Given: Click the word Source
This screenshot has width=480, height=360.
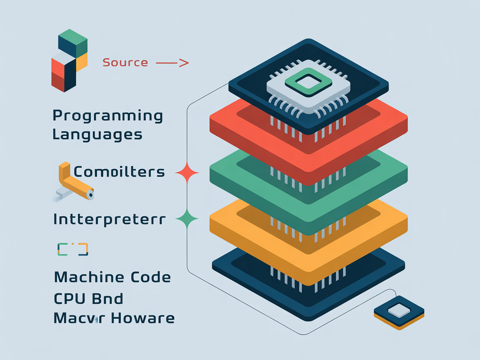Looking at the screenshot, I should click(x=125, y=63).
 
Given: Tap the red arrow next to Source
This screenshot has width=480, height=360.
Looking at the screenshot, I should click(x=172, y=63).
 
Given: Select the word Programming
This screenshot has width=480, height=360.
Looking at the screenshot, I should click(x=107, y=116).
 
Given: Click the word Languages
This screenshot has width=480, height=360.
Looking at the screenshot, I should click(x=97, y=135).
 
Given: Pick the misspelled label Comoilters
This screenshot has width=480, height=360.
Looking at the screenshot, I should click(x=119, y=172).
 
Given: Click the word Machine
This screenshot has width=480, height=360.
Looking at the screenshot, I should click(x=89, y=277).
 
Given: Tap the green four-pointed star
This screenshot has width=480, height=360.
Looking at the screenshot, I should click(x=187, y=218).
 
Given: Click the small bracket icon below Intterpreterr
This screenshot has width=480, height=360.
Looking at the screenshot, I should click(x=72, y=249).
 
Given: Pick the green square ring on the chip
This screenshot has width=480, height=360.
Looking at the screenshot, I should click(x=308, y=82).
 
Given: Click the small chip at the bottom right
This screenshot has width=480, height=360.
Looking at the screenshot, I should click(x=399, y=312).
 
